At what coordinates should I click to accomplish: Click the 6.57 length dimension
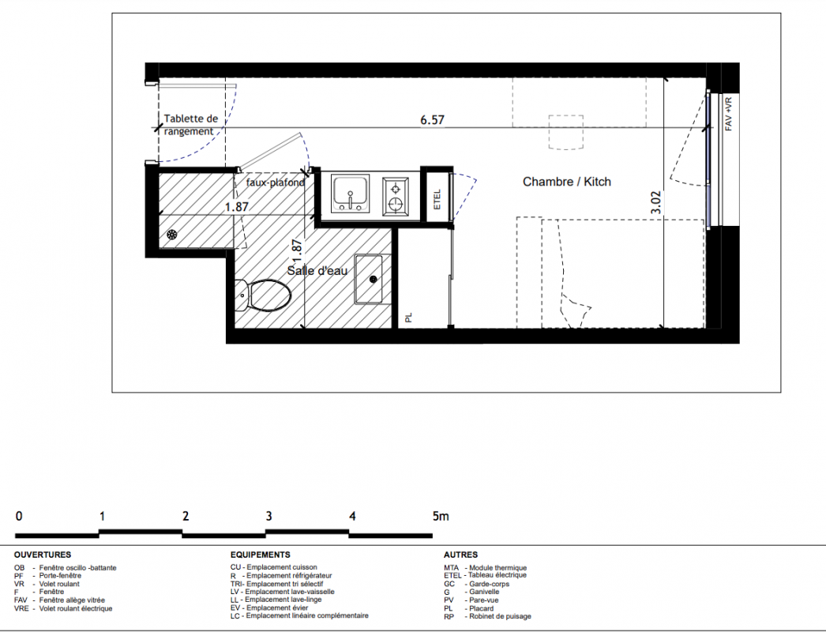tap(432, 120)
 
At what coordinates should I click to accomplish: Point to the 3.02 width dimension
tap(655, 202)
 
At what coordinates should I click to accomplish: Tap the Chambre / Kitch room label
tap(567, 182)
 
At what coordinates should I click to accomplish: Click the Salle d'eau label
tap(317, 271)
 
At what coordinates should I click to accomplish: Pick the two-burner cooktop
tap(395, 196)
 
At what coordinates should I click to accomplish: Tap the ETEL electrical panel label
tap(437, 199)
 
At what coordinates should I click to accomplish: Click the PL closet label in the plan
tap(409, 318)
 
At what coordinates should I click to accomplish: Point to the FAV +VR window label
tap(729, 114)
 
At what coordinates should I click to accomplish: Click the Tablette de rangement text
tap(190, 125)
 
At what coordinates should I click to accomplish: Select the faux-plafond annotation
tap(276, 182)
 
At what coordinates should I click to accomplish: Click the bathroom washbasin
tap(369, 280)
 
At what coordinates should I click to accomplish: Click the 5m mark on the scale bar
tap(441, 517)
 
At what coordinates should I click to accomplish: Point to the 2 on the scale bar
tap(186, 517)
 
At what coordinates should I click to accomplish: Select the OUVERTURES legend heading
tap(43, 555)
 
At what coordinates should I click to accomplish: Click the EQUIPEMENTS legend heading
tap(261, 555)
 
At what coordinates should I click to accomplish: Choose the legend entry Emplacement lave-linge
tap(283, 600)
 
